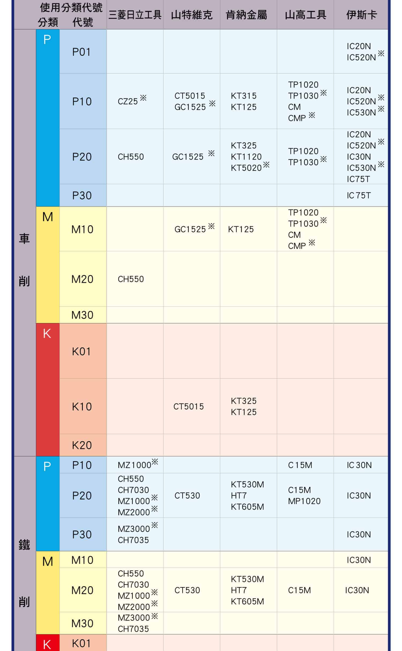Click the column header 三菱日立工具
click(x=135, y=15)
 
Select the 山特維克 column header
click(x=192, y=15)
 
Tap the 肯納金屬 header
click(x=246, y=15)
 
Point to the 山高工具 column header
click(x=306, y=15)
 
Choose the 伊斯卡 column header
click(x=361, y=15)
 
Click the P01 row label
click(x=81, y=52)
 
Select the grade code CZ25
click(x=128, y=101)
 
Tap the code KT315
click(x=244, y=96)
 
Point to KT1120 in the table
click(x=246, y=157)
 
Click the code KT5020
click(x=246, y=168)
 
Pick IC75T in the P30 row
click(x=359, y=195)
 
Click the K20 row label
click(x=82, y=445)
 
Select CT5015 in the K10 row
click(x=188, y=406)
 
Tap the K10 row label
click(x=82, y=407)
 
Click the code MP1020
click(x=304, y=501)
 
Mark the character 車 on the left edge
click(x=24, y=239)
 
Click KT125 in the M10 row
click(x=241, y=229)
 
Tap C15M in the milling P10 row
click(x=300, y=465)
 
